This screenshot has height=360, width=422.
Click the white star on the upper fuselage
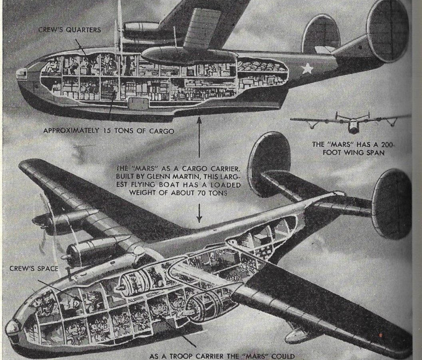(x=307, y=69)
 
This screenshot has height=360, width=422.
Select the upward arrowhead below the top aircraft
(x=199, y=120)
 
